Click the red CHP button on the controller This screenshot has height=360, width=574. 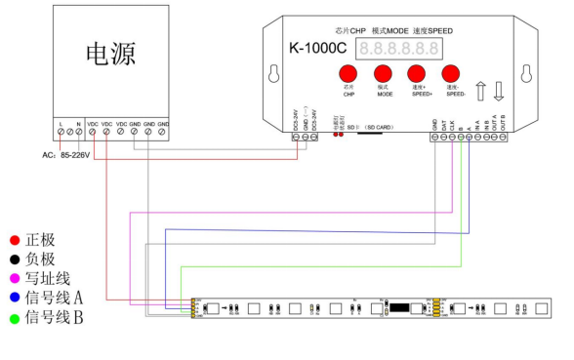348,74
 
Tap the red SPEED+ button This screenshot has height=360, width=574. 417,74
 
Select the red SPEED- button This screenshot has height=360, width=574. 451,74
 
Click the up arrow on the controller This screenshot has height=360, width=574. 480,92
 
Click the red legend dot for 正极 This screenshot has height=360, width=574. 14,239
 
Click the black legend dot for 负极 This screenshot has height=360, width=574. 14,259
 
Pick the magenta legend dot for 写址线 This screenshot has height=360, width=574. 14,278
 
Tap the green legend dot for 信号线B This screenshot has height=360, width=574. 14,317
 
